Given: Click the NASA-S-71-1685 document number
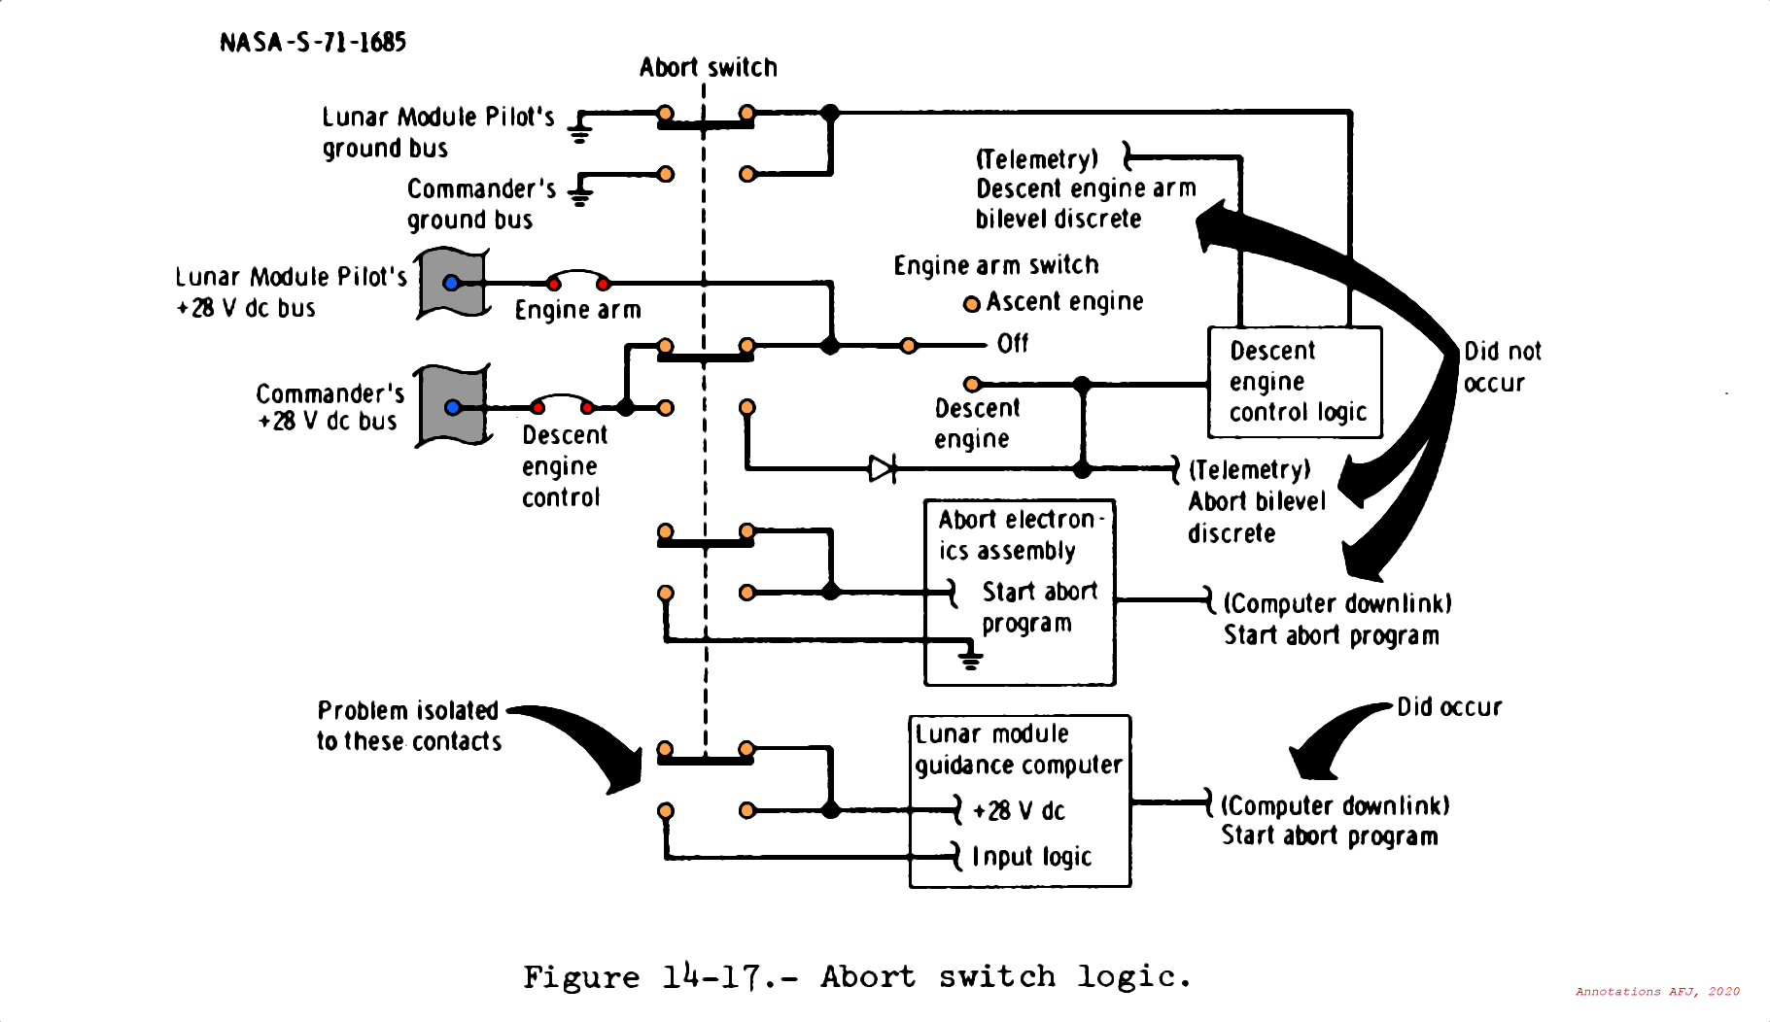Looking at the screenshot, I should [312, 42].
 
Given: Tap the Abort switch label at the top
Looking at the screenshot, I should [708, 67].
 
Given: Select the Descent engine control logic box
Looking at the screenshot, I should [1295, 382].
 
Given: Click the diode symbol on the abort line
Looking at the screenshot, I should [882, 469].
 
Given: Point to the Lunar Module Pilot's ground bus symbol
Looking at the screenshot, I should [579, 129].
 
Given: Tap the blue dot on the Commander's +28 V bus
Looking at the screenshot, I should [452, 407].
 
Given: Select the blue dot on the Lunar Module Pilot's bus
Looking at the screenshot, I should [451, 283].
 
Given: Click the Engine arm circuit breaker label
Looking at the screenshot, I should [577, 310].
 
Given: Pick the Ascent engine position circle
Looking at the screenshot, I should [971, 304].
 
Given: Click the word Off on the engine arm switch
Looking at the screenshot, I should [1012, 344].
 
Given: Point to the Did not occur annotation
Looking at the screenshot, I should [1501, 366].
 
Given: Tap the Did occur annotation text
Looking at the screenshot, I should [1449, 707].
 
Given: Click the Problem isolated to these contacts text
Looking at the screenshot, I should [408, 726].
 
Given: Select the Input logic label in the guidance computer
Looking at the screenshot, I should [1031, 857].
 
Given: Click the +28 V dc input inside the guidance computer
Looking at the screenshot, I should [1018, 810].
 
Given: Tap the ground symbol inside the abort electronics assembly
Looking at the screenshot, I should [970, 658].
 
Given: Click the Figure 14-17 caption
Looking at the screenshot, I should [857, 976].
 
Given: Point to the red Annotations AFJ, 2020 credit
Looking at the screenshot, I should [1657, 992].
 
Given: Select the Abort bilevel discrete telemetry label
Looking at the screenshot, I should [1256, 501].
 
